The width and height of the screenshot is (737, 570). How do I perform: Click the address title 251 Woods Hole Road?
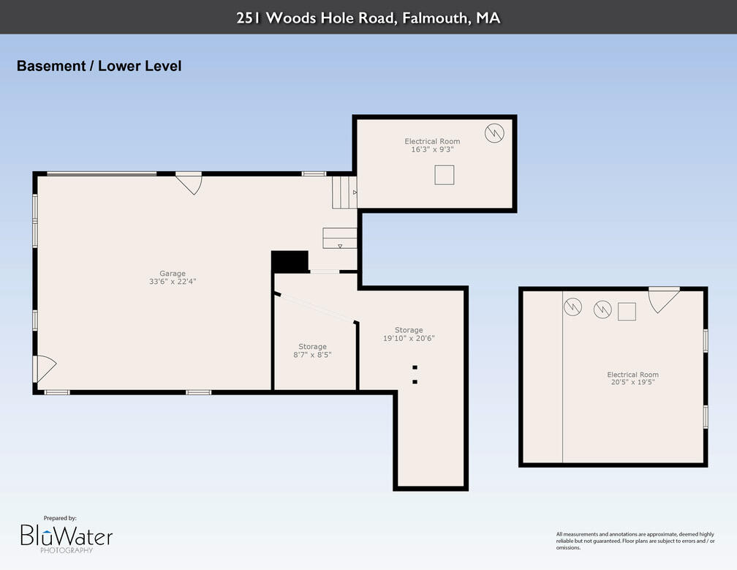click(x=368, y=18)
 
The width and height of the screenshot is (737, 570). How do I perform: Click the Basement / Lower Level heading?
click(x=99, y=66)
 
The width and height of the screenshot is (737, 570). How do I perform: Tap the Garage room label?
click(x=173, y=274)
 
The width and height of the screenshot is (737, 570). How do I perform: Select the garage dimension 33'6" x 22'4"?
click(x=173, y=281)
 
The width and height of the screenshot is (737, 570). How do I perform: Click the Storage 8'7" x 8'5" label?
click(x=312, y=350)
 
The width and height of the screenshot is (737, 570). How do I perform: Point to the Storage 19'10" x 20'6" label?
click(x=409, y=334)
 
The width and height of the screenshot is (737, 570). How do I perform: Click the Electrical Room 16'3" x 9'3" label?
click(x=432, y=145)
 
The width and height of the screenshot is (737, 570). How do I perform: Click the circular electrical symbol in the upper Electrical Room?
click(x=494, y=132)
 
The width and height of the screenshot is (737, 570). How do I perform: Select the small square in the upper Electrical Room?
click(x=444, y=175)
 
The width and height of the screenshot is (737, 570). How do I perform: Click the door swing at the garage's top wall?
click(x=189, y=183)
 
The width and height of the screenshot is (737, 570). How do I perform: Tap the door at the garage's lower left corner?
click(x=43, y=368)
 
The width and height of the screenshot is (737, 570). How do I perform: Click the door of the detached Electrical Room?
click(x=662, y=299)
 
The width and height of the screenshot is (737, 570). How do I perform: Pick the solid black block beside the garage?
click(x=290, y=262)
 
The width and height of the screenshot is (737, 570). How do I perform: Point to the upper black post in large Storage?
click(x=415, y=367)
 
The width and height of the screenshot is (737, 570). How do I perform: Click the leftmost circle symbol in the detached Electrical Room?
click(x=572, y=307)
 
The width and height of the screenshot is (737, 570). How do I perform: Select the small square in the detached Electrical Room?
click(x=627, y=312)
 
